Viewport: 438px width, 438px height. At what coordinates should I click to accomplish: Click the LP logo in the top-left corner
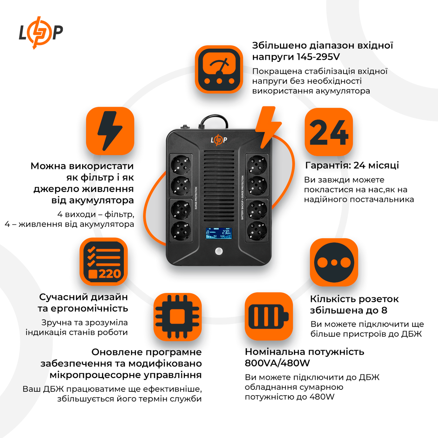[41, 33]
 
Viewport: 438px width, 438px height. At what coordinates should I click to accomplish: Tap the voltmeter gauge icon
[219, 69]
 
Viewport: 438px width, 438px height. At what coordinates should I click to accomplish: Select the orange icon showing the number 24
[328, 132]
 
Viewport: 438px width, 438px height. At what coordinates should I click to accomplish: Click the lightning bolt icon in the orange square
[110, 131]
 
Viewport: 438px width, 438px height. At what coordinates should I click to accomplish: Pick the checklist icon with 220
[104, 262]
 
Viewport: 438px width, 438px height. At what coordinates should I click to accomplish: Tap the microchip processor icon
[177, 317]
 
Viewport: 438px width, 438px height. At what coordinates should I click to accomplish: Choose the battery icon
[269, 316]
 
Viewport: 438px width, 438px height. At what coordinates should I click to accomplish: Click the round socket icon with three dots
[334, 262]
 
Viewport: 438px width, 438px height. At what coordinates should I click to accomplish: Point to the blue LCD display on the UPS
[219, 233]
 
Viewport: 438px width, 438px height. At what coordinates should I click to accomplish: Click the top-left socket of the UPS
[181, 165]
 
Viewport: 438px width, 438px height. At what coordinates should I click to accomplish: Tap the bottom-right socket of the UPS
[257, 231]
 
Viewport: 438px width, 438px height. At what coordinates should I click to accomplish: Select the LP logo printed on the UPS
[219, 140]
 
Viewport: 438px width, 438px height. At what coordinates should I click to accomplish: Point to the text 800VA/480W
[277, 363]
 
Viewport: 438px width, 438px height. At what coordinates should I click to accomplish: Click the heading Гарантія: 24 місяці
[352, 165]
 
